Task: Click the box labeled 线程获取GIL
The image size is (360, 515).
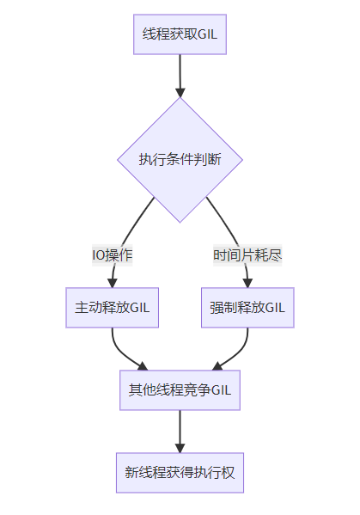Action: tap(180, 34)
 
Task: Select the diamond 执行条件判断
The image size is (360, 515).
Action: tap(180, 160)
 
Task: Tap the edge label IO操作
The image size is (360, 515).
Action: tap(113, 255)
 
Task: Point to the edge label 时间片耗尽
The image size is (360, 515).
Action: tap(247, 255)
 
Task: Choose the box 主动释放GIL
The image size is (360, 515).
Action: tap(113, 308)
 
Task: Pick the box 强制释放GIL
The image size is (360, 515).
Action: tap(247, 308)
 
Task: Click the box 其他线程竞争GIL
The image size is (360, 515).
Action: tap(180, 390)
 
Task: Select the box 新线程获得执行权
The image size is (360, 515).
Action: tap(180, 473)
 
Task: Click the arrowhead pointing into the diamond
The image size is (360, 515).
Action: tap(180, 93)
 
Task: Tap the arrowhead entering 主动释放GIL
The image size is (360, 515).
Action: tap(113, 283)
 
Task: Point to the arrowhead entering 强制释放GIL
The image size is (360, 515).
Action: tap(247, 283)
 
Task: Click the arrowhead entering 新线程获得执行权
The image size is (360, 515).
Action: tap(180, 448)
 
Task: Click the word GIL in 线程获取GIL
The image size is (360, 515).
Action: tap(207, 34)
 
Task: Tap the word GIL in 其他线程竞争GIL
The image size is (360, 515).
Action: tap(221, 390)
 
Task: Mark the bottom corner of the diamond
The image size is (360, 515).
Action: tap(180, 223)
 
